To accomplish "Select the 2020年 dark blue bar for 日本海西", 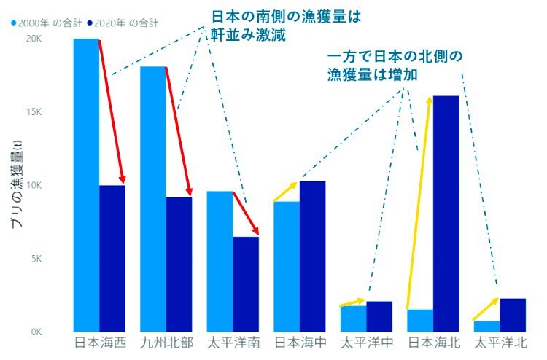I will tap(112, 259).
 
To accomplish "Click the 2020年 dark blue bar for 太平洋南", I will tap(246, 284).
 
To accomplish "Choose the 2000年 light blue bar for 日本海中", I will tap(286, 267).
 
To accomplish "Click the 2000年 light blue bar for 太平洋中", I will tap(353, 318).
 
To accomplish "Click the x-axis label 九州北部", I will tap(167, 342).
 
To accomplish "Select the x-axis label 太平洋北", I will tap(500, 342).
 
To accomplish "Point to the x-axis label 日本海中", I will tap(300, 342).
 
